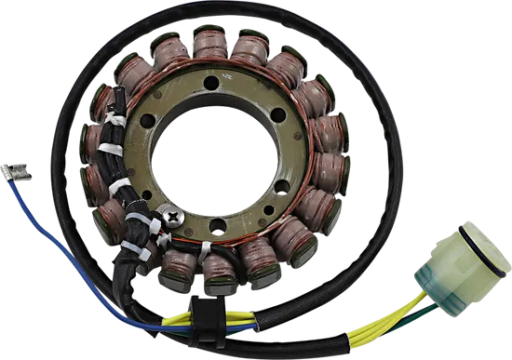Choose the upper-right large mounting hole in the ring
tap(272, 113)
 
